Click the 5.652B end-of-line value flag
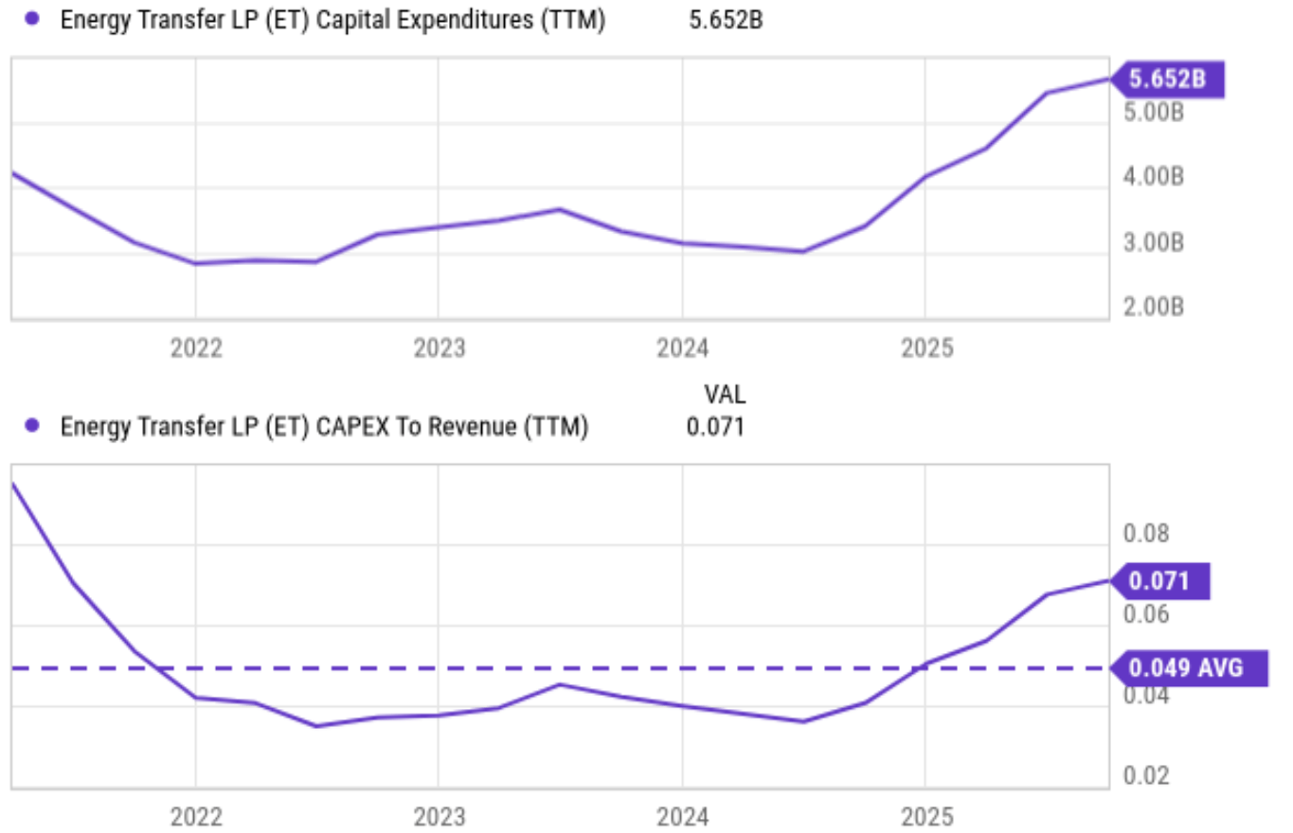[x=1167, y=80]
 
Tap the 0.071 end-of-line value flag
[x=1161, y=580]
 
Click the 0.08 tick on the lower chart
[x=1146, y=533]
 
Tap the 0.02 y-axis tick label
[x=1146, y=775]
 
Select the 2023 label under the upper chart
[x=439, y=348]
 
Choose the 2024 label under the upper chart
[x=682, y=348]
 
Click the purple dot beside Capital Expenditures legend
[x=33, y=20]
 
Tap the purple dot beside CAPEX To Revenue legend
[x=33, y=426]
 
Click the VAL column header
[x=724, y=393]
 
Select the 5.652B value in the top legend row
[x=726, y=20]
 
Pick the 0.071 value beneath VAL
[x=715, y=427]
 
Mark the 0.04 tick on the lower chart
[x=1146, y=695]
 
